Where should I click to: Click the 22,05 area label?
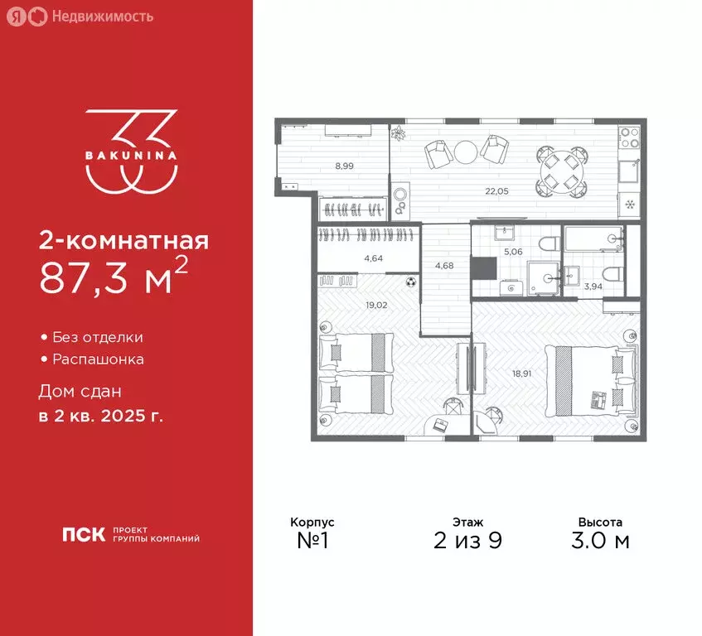click(x=497, y=190)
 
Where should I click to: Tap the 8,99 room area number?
click(x=344, y=166)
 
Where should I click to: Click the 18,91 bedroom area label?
click(x=523, y=373)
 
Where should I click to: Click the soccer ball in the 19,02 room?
click(x=410, y=282)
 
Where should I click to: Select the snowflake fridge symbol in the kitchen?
click(x=629, y=205)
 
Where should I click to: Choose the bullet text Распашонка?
click(x=98, y=359)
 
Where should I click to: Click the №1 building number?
click(x=312, y=542)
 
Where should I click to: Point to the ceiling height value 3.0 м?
click(x=600, y=542)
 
